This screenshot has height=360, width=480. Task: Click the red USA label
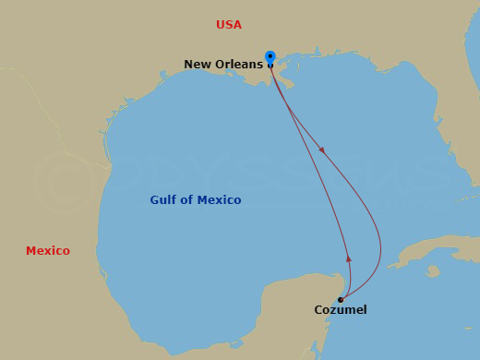(x=228, y=25)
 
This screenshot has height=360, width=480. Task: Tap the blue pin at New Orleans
(x=270, y=57)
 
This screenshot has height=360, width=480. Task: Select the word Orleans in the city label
(x=238, y=65)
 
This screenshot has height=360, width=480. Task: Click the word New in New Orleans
(x=198, y=65)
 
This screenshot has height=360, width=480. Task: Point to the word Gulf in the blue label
(x=164, y=200)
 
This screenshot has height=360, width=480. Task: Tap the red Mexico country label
(x=47, y=251)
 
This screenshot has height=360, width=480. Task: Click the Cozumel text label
(x=341, y=310)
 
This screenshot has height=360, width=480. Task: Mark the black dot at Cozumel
(x=341, y=299)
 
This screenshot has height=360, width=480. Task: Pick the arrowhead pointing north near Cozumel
(x=348, y=259)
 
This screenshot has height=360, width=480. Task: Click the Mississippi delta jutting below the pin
(x=284, y=83)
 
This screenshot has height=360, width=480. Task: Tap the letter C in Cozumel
(x=318, y=310)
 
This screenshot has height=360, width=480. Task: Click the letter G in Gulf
(x=154, y=200)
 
